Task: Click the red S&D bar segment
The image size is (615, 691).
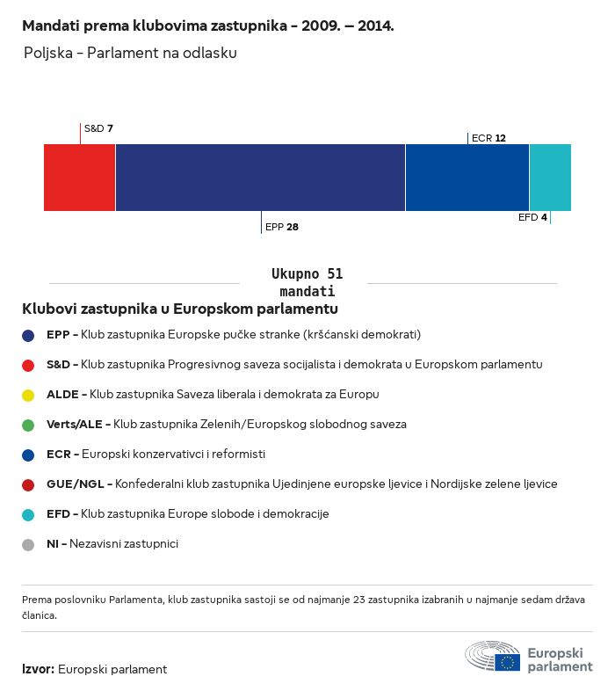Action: pos(79,178)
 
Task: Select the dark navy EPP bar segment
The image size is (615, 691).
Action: pos(260,178)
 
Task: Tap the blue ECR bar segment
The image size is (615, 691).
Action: pos(467,178)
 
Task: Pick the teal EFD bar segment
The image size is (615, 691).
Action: pos(550,178)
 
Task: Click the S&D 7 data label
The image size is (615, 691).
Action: pos(98,128)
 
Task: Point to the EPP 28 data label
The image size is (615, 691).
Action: pos(282,227)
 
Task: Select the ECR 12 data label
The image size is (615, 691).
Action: pos(488,138)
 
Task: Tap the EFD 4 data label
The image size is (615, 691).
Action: pos(532,217)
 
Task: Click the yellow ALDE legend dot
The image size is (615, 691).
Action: pos(28,395)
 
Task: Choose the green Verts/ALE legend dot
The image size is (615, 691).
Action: pos(28,425)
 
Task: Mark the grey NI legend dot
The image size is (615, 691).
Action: pos(28,544)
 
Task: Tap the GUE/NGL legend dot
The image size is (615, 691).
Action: pos(28,484)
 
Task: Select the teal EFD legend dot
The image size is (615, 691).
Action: pos(28,514)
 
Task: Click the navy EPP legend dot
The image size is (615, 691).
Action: pos(28,335)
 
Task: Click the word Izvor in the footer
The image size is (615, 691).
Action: pos(38,669)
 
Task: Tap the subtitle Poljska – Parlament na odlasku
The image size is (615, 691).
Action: pos(130,53)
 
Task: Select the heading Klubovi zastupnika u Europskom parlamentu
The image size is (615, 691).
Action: pos(180,309)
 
